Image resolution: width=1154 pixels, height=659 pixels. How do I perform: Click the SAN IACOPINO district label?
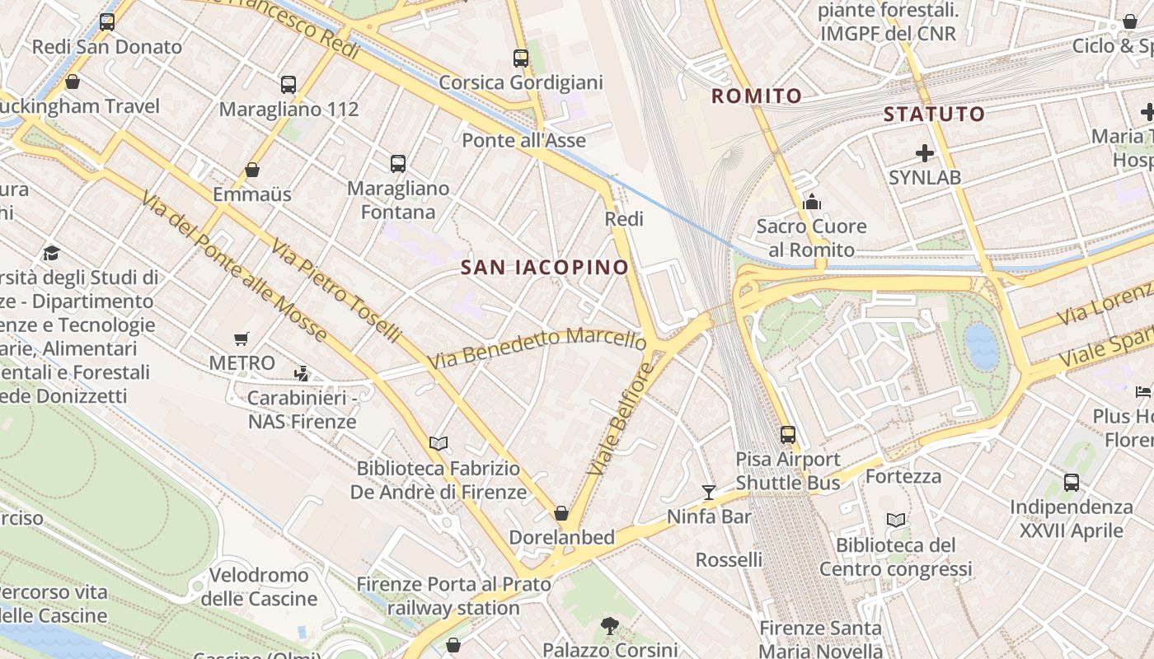click(x=545, y=267)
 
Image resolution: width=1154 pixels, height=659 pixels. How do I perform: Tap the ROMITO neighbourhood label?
click(x=757, y=96)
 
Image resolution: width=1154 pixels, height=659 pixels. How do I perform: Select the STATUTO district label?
click(x=934, y=115)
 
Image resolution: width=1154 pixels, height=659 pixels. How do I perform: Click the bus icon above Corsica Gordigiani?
click(x=520, y=58)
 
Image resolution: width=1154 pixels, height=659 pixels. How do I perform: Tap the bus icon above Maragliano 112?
click(x=288, y=84)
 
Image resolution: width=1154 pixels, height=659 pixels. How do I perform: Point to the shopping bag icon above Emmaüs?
click(x=252, y=170)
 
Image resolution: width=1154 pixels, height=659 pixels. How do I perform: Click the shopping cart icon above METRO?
click(x=242, y=339)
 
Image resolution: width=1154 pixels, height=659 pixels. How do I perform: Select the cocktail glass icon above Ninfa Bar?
click(x=709, y=493)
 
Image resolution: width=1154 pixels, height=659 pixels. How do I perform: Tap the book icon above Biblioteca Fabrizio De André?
click(x=439, y=444)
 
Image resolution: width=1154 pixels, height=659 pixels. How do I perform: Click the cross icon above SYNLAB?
click(x=925, y=153)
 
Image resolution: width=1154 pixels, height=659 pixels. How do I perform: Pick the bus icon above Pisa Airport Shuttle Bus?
click(x=788, y=434)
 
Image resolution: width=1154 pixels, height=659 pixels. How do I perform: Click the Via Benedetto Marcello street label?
click(x=537, y=348)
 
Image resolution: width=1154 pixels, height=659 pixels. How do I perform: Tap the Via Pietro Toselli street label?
click(x=336, y=292)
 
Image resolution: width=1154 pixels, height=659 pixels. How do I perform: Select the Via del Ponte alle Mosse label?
click(x=233, y=267)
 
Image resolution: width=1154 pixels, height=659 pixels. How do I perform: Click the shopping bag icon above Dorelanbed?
click(x=561, y=513)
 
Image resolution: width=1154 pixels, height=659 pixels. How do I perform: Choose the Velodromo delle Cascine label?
click(x=259, y=587)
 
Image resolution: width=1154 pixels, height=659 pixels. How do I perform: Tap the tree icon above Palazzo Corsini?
click(x=610, y=626)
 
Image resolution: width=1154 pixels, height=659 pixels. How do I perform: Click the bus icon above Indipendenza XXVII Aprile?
click(x=1072, y=483)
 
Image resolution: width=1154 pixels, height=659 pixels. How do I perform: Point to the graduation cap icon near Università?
click(x=51, y=253)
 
